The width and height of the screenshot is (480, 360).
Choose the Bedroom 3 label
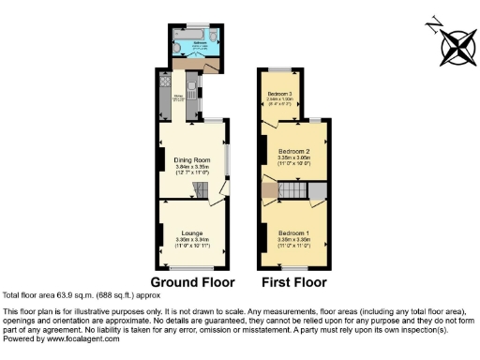click(279, 94)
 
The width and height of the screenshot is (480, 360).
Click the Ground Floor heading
click(191, 280)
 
